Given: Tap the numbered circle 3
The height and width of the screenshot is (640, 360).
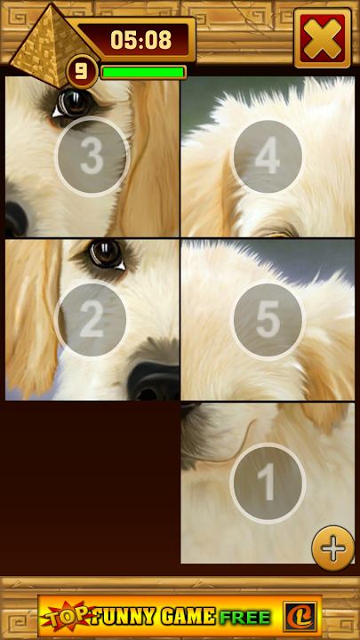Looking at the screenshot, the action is (92, 156).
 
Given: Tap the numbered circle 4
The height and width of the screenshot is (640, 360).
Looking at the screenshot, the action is (268, 156).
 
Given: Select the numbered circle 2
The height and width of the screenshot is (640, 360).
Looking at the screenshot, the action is (92, 320).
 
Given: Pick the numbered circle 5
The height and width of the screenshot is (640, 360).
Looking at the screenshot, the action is (268, 320).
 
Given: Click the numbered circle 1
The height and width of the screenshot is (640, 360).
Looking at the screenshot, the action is (268, 484).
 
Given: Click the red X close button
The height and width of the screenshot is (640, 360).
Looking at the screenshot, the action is (323, 38).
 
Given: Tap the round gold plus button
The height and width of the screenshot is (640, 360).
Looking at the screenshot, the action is (333, 548).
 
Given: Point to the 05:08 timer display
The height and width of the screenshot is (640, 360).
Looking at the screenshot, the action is (140, 40).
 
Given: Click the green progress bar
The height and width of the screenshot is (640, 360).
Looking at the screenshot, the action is (143, 72).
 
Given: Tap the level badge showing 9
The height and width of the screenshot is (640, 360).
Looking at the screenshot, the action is (82, 71).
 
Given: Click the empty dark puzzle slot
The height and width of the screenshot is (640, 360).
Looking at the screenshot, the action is (92, 483).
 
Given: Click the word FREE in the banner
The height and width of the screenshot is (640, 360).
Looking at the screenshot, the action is (245, 617).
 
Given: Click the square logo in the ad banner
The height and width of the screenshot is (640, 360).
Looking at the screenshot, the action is (300, 616).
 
